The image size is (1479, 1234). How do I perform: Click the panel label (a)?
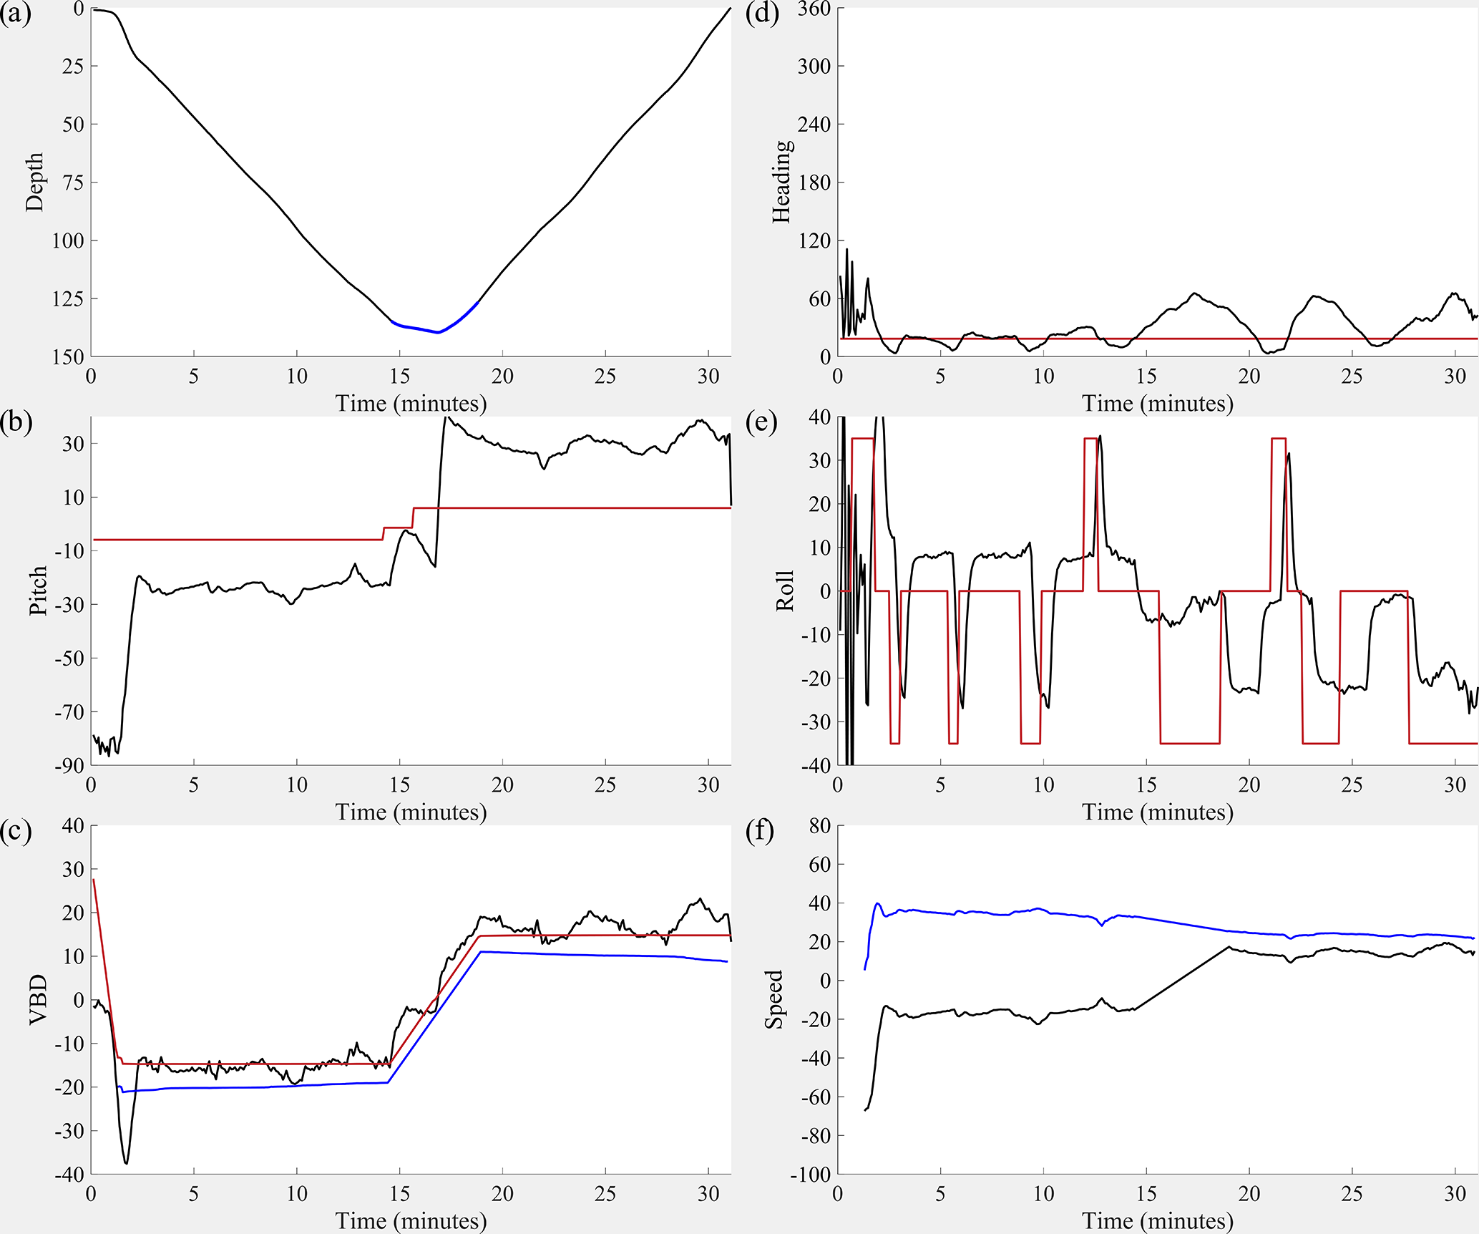[16, 14]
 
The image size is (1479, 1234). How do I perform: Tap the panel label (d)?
[762, 14]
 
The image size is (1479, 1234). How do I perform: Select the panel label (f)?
[761, 832]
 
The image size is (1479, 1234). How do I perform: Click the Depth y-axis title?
[34, 182]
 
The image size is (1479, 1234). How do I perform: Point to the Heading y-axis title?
[781, 182]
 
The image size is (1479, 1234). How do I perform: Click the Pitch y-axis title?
[37, 591]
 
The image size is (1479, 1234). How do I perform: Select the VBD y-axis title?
[37, 999]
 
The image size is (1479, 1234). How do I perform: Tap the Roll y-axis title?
[784, 591]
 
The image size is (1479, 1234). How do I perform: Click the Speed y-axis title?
[774, 999]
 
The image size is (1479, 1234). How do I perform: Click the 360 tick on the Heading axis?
[814, 9]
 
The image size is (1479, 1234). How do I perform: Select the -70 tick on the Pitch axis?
[69, 712]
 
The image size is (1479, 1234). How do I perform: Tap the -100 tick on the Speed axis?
[810, 1175]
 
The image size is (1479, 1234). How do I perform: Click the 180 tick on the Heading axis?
[814, 183]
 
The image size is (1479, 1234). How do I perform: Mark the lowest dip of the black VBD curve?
[126, 1163]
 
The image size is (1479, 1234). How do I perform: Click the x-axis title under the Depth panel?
[411, 404]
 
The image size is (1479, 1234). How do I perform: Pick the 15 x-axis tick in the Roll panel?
[1146, 785]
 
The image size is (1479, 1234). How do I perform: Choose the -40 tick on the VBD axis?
[69, 1175]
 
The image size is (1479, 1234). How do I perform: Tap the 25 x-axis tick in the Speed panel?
[1352, 1194]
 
